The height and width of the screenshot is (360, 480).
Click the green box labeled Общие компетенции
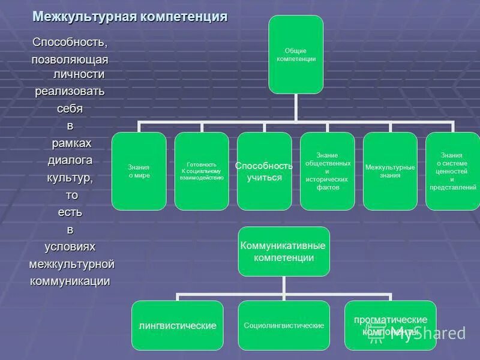tap(296, 55)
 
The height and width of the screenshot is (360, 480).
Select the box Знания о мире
tap(139, 171)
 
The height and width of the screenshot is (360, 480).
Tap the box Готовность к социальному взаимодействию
tap(202, 171)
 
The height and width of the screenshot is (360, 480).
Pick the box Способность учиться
tap(264, 171)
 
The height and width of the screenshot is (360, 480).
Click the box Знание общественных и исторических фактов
tap(327, 171)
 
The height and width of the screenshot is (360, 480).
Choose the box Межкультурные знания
tap(390, 171)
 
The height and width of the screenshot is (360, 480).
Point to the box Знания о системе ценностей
tap(452, 171)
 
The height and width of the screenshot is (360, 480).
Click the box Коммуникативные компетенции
tap(284, 251)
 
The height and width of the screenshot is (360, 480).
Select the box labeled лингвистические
tap(178, 325)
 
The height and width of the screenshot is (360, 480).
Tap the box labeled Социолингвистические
tap(284, 325)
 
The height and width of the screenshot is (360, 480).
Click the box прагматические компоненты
tap(390, 325)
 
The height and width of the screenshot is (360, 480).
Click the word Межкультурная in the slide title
tap(84, 16)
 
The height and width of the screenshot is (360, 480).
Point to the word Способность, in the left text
tap(70, 43)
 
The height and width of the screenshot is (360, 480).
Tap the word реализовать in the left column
tap(70, 91)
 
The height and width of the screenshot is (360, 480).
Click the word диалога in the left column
tap(70, 160)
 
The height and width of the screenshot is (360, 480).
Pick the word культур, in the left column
tap(70, 178)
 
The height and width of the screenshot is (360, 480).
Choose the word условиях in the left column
tap(70, 247)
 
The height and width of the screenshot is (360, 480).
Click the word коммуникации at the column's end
tap(70, 281)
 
